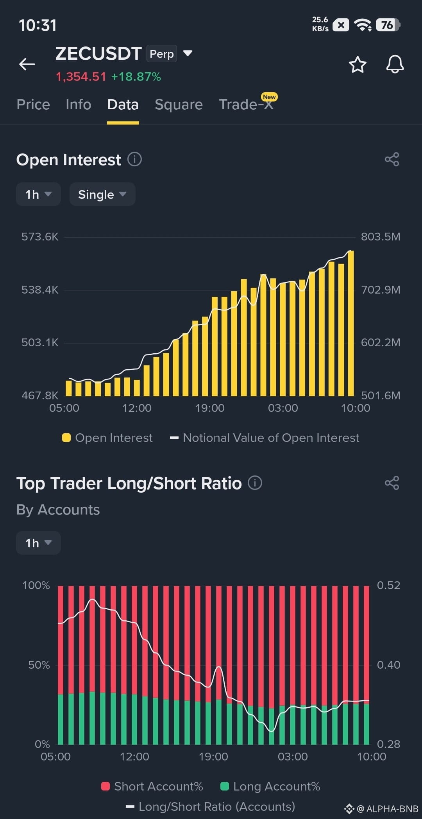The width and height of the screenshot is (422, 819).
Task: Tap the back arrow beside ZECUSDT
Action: pos(27,64)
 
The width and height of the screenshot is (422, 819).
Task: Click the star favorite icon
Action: pos(358,64)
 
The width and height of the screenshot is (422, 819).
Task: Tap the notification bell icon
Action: pos(395,64)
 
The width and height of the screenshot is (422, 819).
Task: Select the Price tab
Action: pos(33,105)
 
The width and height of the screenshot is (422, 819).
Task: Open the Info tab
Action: pos(79,105)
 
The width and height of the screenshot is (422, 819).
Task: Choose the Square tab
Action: pos(179,105)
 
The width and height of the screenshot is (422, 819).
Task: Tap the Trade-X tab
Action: pos(246,105)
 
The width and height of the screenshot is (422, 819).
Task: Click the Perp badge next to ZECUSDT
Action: pos(162,54)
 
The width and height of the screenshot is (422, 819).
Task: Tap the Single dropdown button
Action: pos(102,194)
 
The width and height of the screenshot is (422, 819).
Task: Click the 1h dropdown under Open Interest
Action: pos(38,194)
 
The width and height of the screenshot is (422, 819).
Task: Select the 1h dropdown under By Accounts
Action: pos(38,543)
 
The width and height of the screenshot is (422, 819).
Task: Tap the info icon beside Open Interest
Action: pos(135,159)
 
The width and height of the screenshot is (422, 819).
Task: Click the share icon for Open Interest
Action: pos(392,159)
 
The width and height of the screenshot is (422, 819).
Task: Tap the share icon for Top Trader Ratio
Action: pos(392,483)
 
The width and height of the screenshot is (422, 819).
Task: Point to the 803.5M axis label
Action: pos(381,237)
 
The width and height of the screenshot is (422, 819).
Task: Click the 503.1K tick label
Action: pos(40,342)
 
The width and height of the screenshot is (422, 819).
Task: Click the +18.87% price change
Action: pos(136,77)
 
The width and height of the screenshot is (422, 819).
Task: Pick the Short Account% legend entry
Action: pos(152,786)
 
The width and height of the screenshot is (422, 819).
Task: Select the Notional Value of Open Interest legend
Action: pos(265,438)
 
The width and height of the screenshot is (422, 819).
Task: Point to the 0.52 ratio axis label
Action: pos(388,585)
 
